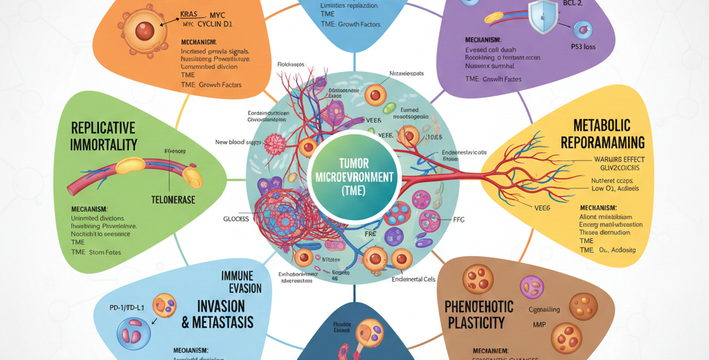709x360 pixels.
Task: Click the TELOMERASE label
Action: point(173,199)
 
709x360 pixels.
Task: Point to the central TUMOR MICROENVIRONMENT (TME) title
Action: point(354,177)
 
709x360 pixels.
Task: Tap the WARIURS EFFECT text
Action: point(610,160)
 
